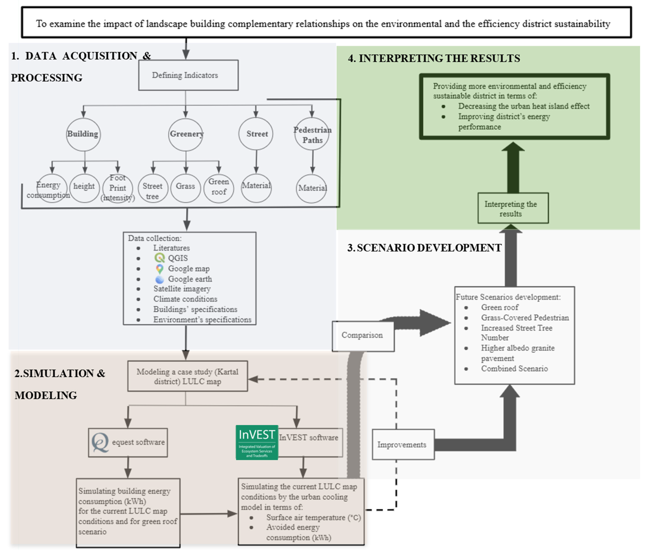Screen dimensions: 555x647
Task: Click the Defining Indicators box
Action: (x=188, y=75)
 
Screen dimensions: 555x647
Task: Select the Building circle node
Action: (x=83, y=134)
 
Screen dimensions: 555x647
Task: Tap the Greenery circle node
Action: (x=186, y=134)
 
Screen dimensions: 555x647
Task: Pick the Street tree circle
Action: (x=153, y=188)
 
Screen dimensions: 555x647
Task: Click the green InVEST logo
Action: (x=257, y=442)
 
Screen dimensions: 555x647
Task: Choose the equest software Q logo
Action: (x=100, y=442)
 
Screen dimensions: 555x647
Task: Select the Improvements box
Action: (x=403, y=445)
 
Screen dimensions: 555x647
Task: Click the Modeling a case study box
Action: (x=187, y=376)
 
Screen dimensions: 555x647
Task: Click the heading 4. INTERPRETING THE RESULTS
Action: (x=434, y=58)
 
